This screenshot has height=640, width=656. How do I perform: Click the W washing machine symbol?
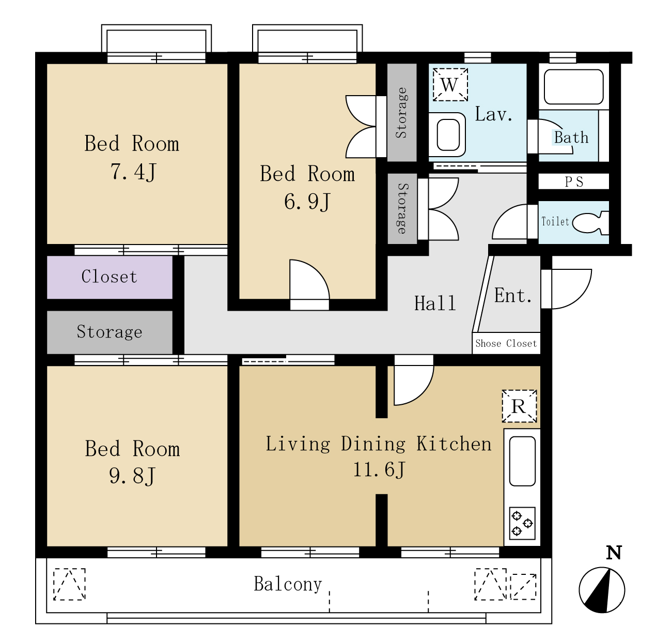[450, 85]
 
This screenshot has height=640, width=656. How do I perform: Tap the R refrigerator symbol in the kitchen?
[519, 406]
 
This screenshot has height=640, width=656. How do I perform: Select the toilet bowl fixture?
[590, 223]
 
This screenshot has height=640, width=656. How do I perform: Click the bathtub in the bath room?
[573, 87]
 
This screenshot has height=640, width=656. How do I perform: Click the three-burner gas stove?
[522, 524]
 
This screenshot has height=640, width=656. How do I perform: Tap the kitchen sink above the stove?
[522, 461]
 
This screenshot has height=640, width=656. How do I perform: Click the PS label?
[574, 182]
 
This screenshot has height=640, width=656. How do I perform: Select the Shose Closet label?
[506, 343]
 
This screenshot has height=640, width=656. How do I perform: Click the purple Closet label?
[109, 277]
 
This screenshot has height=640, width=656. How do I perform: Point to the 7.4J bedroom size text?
[133, 172]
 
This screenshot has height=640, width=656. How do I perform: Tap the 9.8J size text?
[132, 476]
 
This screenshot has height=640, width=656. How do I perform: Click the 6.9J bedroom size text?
[307, 202]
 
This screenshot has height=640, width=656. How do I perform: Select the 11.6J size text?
[379, 469]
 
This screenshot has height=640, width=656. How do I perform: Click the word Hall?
[435, 303]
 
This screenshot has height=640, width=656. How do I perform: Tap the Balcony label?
[288, 584]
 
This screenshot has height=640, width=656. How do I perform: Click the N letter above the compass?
[614, 553]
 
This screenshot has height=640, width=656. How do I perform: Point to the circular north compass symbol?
[602, 590]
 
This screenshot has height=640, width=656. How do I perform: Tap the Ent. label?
[513, 295]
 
